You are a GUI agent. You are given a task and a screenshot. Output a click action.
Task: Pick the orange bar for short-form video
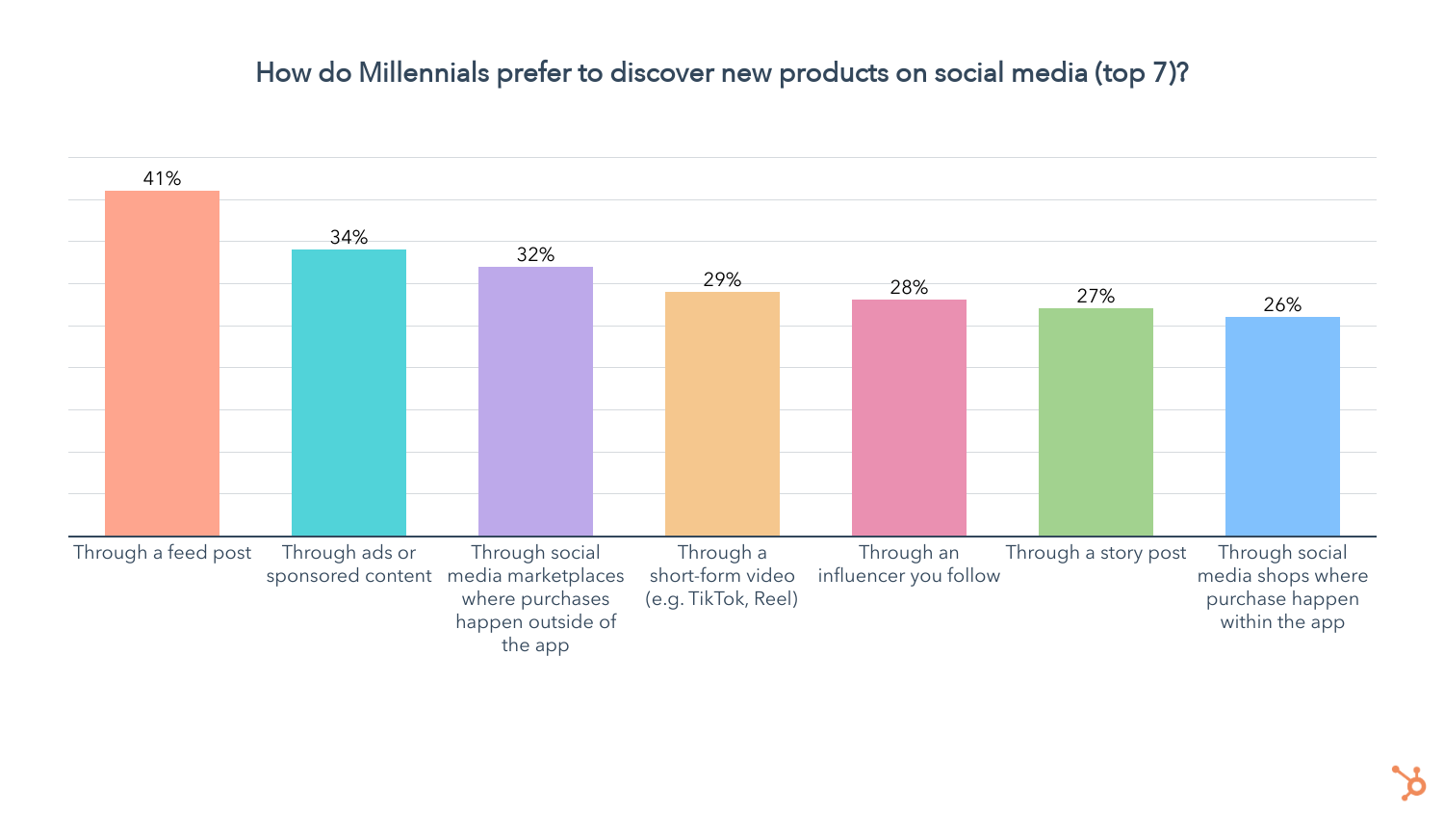[722, 413]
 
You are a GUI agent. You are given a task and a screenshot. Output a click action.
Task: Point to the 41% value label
[162, 178]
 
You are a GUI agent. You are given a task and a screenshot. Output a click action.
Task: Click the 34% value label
[348, 237]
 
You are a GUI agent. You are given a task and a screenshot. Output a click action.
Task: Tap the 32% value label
[535, 254]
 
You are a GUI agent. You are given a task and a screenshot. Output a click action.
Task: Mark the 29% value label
[722, 279]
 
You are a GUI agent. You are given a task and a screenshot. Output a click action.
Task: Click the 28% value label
[909, 287]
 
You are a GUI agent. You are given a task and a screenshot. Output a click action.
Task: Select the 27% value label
[1096, 296]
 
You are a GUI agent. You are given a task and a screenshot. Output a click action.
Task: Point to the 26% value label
[1282, 304]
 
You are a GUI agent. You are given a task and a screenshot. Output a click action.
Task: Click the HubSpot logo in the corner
[1408, 782]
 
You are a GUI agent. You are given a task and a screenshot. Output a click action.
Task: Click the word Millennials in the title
[424, 73]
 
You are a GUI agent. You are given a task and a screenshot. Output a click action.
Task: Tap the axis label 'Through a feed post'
[162, 553]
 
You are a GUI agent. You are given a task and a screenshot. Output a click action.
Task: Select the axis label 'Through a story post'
[1096, 553]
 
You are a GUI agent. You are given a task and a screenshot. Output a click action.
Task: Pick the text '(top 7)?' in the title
[1141, 73]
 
